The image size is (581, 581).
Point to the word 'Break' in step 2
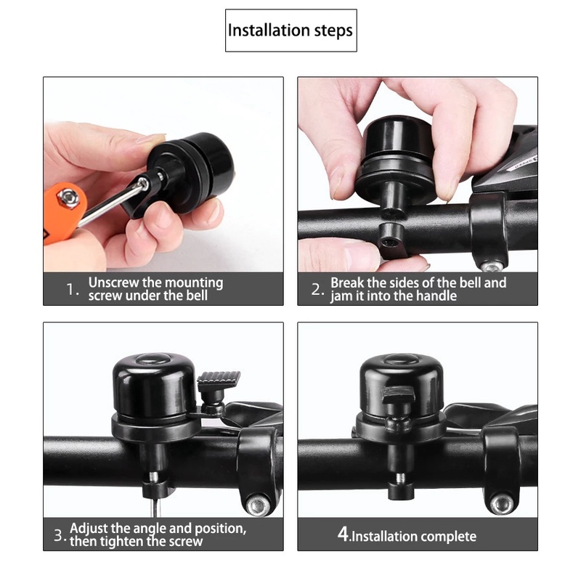click(x=347, y=283)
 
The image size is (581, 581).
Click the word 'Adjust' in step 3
click(x=89, y=529)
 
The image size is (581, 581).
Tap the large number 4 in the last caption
click(x=343, y=534)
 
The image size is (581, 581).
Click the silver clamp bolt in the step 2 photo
click(x=492, y=266)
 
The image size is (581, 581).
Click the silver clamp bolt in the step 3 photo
click(x=259, y=505)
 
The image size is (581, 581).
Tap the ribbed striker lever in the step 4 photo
click(x=397, y=395)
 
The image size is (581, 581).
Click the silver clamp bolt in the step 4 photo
click(x=502, y=504)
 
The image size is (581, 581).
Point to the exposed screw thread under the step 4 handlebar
click(x=401, y=479)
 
